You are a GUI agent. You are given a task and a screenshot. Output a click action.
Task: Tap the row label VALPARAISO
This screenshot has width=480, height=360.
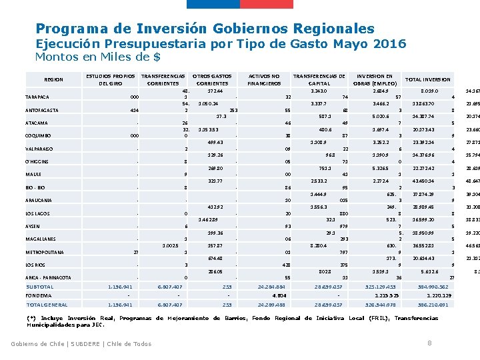point(40,149)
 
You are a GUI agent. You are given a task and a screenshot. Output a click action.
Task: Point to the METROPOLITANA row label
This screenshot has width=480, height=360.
point(45,253)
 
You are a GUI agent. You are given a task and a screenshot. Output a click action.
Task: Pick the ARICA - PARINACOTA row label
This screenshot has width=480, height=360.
point(49,278)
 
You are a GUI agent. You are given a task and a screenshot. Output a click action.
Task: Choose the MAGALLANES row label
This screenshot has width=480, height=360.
point(41,239)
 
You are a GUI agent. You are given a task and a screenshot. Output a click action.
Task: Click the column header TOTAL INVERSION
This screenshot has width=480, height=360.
point(428,79)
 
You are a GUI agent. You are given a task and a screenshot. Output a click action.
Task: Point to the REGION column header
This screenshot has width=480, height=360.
point(53,80)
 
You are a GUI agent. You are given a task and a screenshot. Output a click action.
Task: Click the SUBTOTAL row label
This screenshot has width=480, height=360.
point(39,287)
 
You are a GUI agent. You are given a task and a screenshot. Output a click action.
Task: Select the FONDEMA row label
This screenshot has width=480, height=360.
point(39,295)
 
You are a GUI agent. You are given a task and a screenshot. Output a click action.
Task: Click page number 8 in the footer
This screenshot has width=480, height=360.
point(429,343)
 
